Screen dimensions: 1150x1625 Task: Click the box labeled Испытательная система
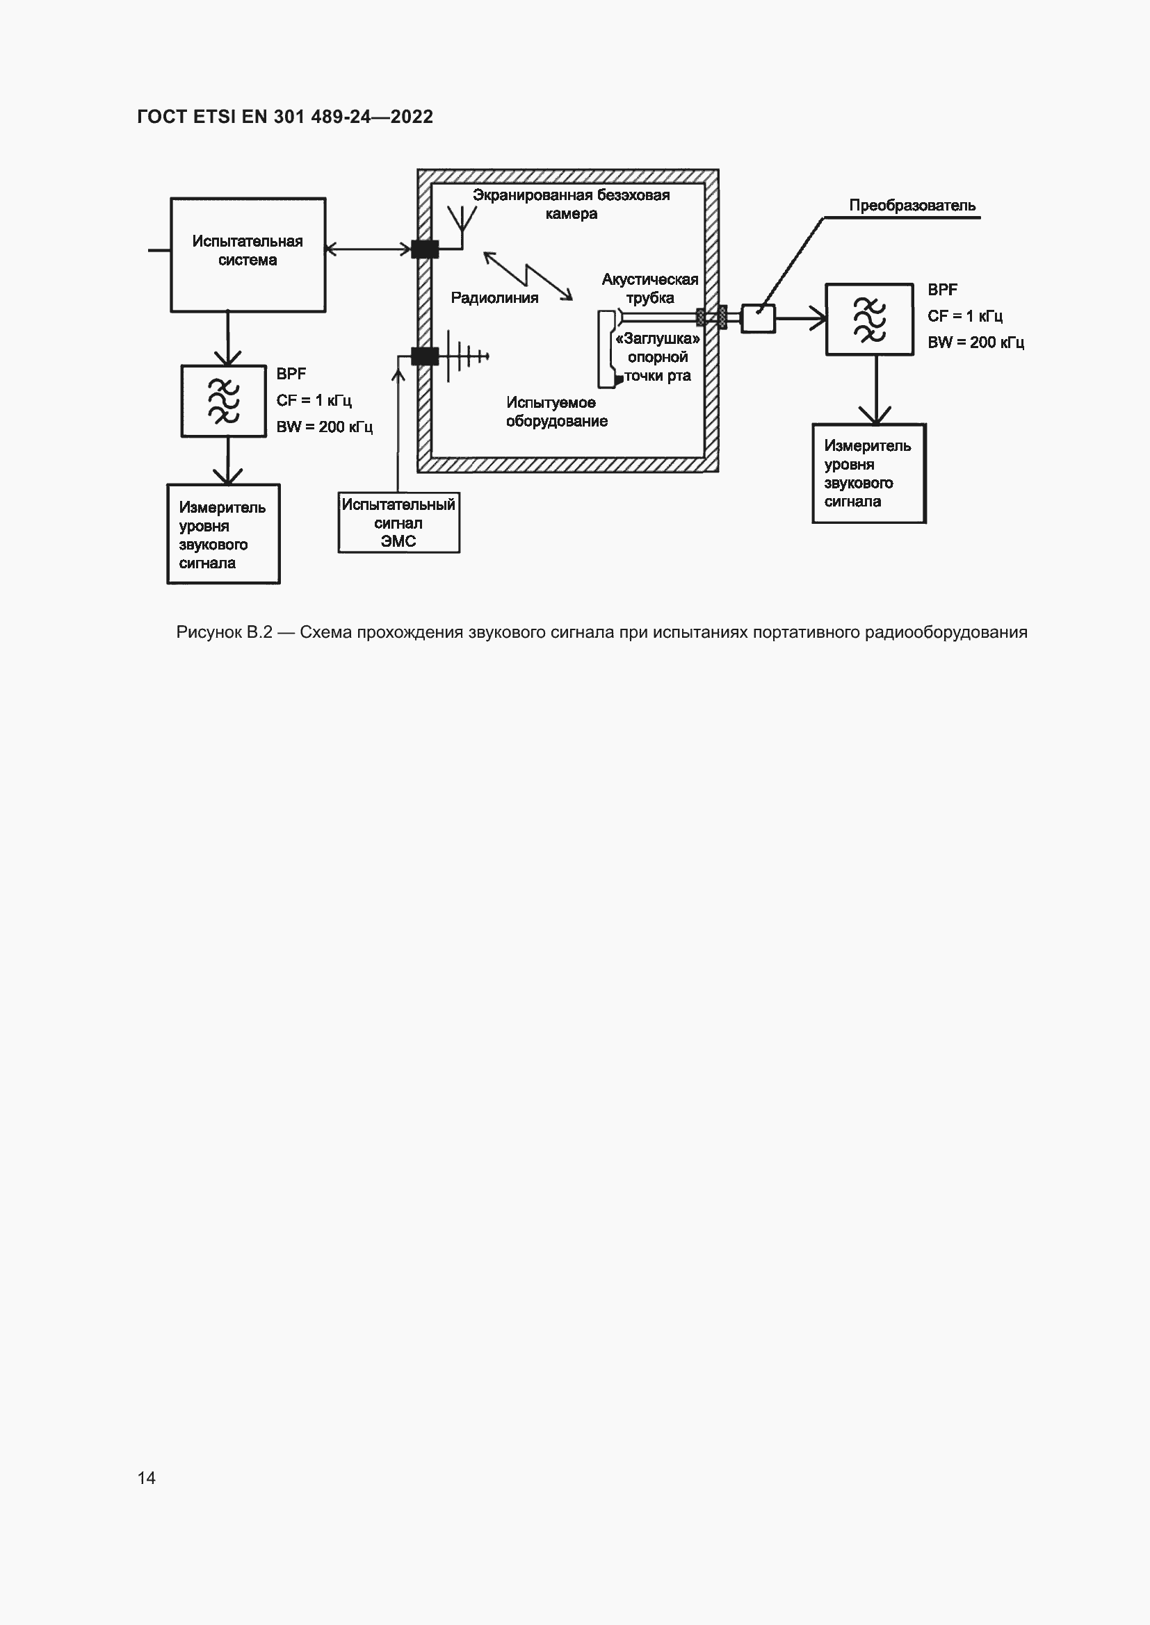(248, 255)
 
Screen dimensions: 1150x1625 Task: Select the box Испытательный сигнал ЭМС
(398, 522)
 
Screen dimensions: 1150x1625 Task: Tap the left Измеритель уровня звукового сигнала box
(224, 534)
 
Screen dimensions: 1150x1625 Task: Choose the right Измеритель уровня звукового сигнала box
(869, 474)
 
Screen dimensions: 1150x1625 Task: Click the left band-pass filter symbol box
(224, 401)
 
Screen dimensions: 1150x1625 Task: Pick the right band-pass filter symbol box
(870, 319)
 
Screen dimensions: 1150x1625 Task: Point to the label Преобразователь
(912, 205)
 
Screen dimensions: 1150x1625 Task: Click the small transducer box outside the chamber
(758, 318)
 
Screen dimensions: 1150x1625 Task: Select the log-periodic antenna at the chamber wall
(464, 355)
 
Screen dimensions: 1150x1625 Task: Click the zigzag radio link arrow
(528, 276)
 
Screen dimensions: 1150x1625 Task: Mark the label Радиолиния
(494, 298)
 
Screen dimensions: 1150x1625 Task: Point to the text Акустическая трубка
(650, 289)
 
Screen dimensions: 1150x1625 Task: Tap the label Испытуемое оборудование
(557, 412)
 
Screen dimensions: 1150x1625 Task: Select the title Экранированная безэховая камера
(572, 204)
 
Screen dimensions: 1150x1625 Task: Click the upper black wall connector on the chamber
(425, 249)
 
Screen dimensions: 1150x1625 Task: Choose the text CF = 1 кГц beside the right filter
(965, 316)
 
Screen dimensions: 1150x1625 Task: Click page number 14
(147, 1478)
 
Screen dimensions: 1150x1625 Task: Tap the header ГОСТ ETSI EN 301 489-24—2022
(284, 117)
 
